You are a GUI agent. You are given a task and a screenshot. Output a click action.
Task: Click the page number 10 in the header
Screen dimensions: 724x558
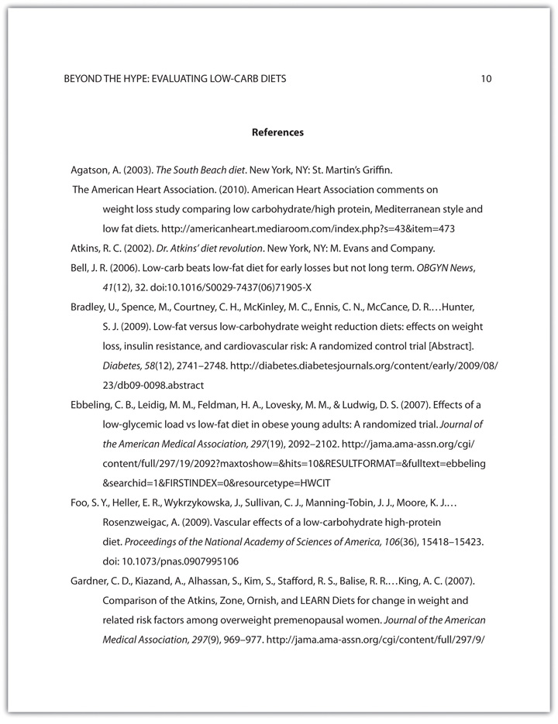coord(486,79)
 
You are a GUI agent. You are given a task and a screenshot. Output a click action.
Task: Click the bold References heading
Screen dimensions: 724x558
coord(278,132)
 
